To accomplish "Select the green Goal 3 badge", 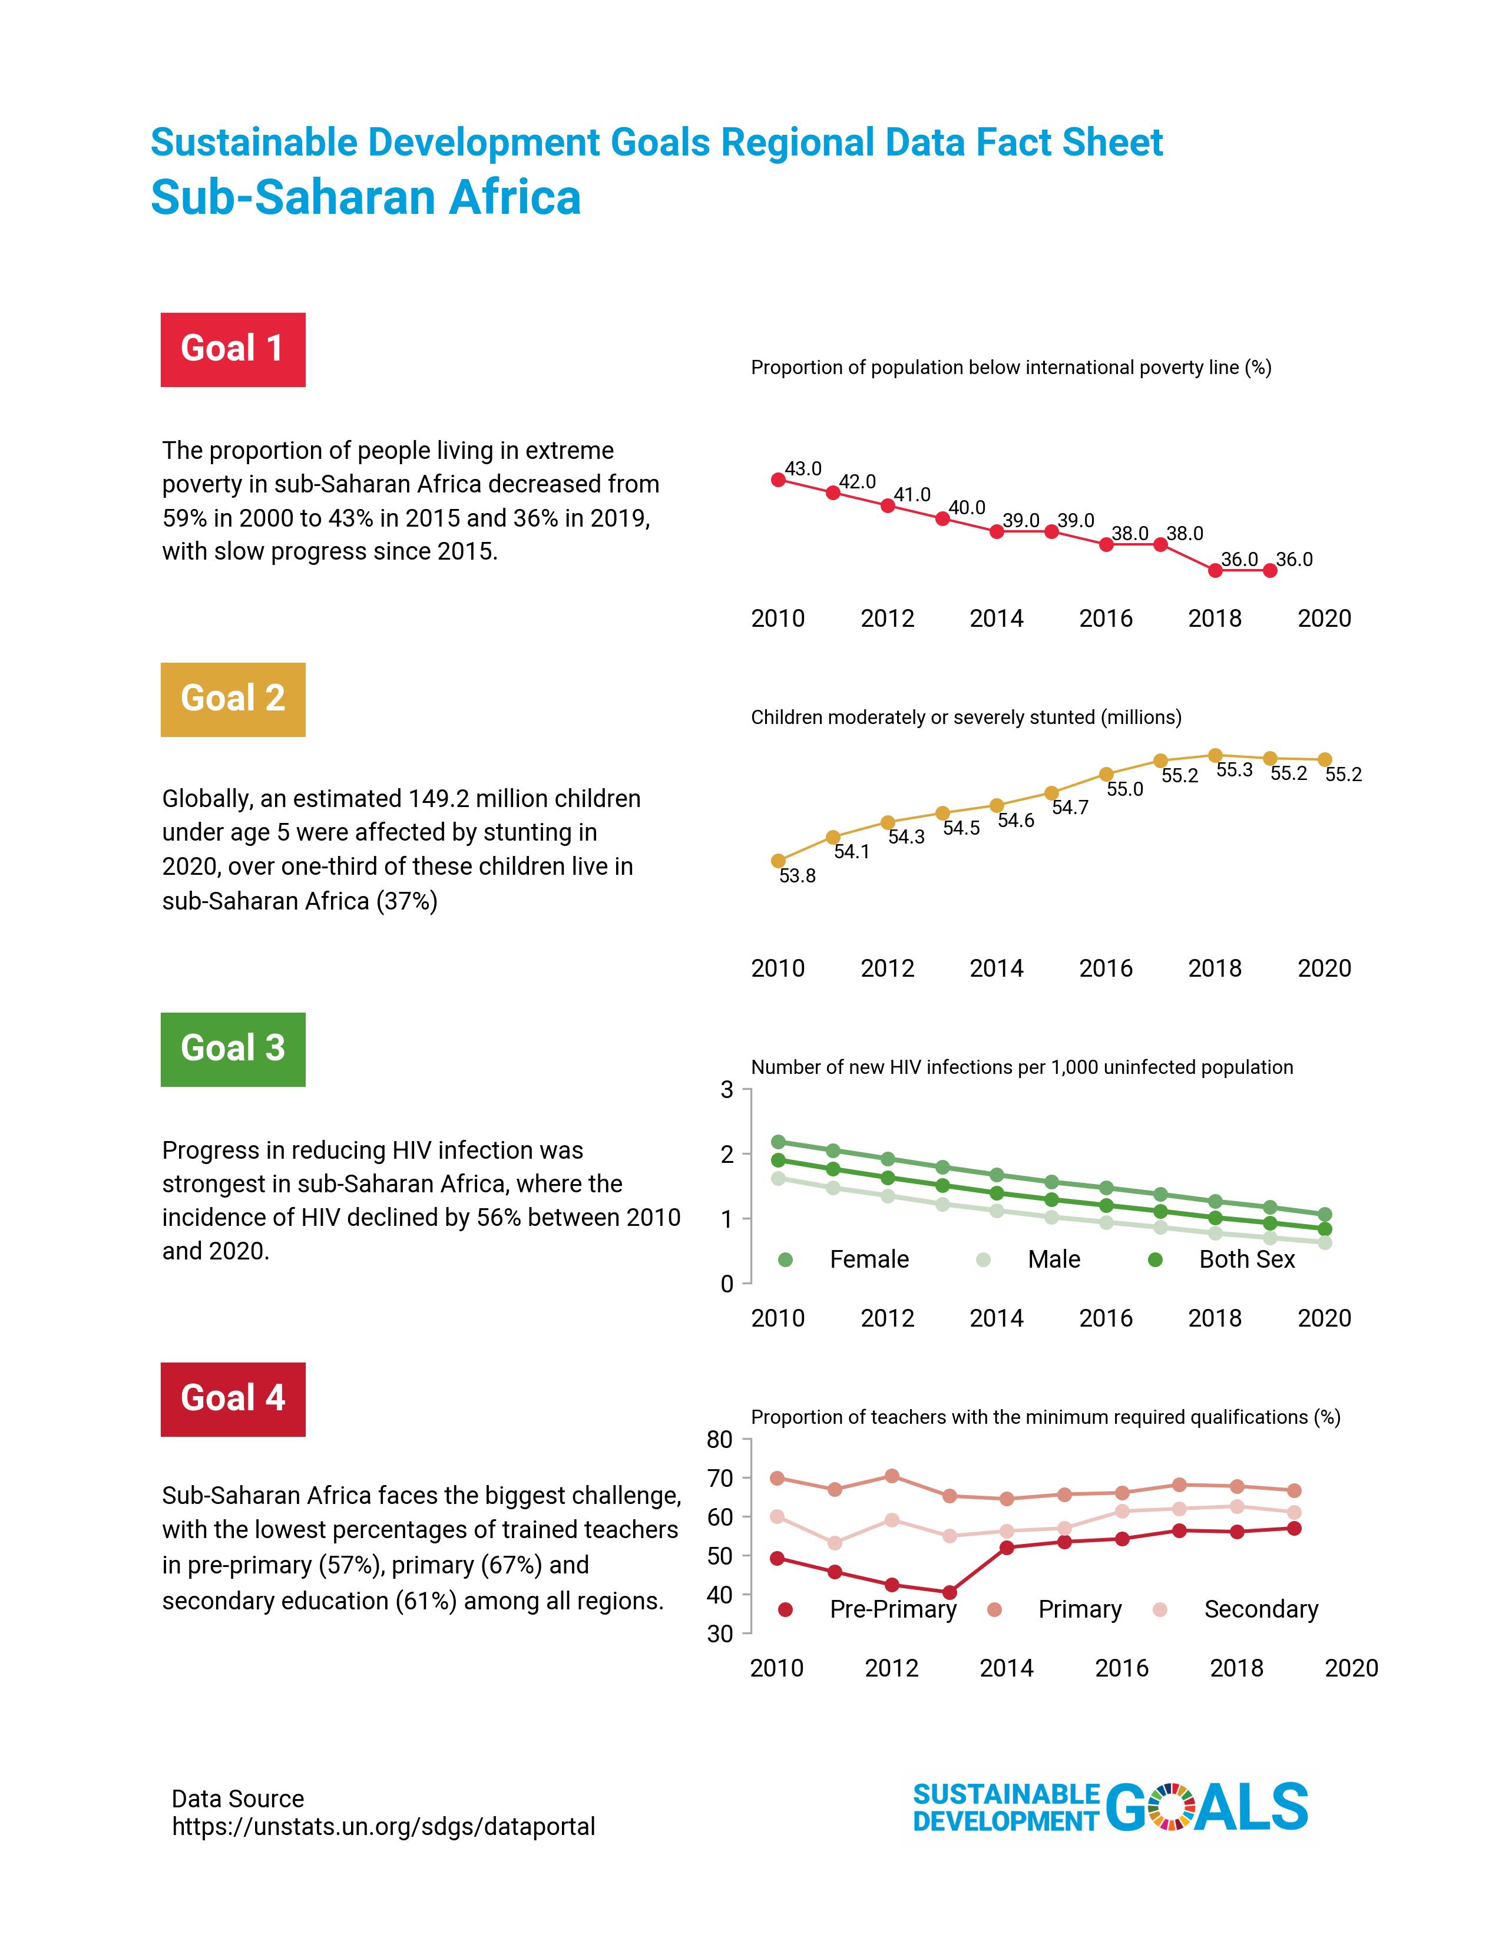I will [232, 1049].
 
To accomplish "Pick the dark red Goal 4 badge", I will [232, 1399].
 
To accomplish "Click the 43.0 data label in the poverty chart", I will [803, 468].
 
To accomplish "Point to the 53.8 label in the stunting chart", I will [798, 876].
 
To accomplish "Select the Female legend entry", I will [868, 1259].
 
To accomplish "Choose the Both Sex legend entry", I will [1246, 1259].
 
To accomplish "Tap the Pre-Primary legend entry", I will [892, 1609].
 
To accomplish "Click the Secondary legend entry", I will [1260, 1609].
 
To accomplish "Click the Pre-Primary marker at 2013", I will [949, 1592].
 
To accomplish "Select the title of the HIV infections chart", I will [1021, 1067].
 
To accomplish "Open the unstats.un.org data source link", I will [383, 1827].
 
